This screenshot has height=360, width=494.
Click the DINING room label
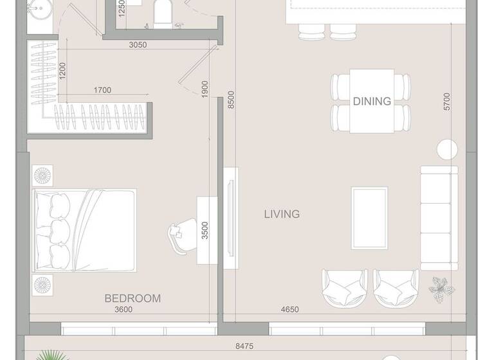372,101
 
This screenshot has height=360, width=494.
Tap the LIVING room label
282,214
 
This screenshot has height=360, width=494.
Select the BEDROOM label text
133,298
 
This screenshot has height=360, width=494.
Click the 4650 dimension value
289,310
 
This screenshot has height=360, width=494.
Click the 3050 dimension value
138,45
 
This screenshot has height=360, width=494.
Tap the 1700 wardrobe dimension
102,91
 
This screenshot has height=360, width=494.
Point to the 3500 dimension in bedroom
205,230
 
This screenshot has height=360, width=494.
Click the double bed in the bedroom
85,230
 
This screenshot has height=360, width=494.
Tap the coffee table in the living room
369,218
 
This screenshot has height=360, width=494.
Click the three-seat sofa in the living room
439,218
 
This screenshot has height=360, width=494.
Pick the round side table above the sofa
447,149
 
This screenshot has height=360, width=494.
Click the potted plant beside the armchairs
441,287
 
